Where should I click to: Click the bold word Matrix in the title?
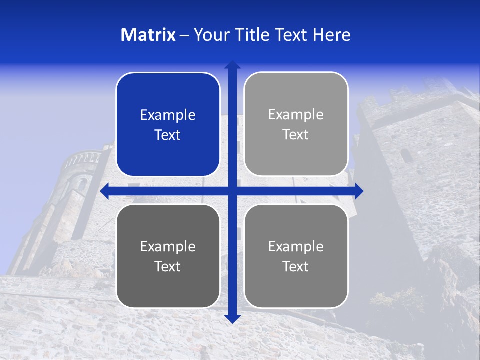click(148, 35)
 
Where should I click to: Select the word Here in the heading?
click(331, 35)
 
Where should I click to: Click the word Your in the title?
click(209, 35)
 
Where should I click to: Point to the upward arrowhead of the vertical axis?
click(232, 65)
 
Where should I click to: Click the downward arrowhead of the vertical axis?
click(232, 318)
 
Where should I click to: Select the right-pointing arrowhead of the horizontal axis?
click(358, 190)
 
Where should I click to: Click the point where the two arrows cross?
click(232, 190)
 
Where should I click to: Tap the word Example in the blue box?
click(168, 115)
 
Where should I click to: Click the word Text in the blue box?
click(168, 135)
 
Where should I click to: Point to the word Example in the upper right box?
click(296, 115)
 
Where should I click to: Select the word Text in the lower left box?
click(168, 267)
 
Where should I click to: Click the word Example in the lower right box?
click(296, 246)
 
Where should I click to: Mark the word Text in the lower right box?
click(296, 267)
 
